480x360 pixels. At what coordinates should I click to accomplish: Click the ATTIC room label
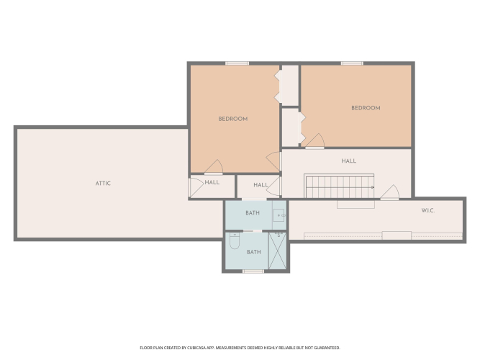click(103, 184)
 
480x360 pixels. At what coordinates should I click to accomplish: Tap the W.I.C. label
click(427, 210)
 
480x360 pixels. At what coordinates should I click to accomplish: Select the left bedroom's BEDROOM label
click(233, 119)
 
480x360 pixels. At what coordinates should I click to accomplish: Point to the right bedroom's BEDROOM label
click(366, 108)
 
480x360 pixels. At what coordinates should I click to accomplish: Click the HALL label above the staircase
click(349, 161)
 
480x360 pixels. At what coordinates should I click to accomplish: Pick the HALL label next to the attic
click(212, 182)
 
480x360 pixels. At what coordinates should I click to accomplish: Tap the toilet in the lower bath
click(235, 240)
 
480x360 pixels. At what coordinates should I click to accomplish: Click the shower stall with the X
click(277, 251)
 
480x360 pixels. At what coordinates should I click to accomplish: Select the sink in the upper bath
click(279, 215)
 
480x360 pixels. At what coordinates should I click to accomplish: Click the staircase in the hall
click(339, 186)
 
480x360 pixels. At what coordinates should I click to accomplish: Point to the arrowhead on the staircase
click(373, 187)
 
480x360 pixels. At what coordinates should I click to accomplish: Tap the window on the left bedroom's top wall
click(237, 63)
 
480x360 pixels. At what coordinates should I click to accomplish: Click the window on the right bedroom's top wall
click(352, 63)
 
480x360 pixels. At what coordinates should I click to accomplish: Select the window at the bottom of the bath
click(253, 271)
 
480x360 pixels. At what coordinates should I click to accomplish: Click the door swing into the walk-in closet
click(390, 192)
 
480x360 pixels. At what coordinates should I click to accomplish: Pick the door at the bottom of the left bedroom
click(214, 166)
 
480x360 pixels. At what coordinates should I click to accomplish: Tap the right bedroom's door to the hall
click(315, 141)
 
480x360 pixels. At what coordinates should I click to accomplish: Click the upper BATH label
click(253, 213)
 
